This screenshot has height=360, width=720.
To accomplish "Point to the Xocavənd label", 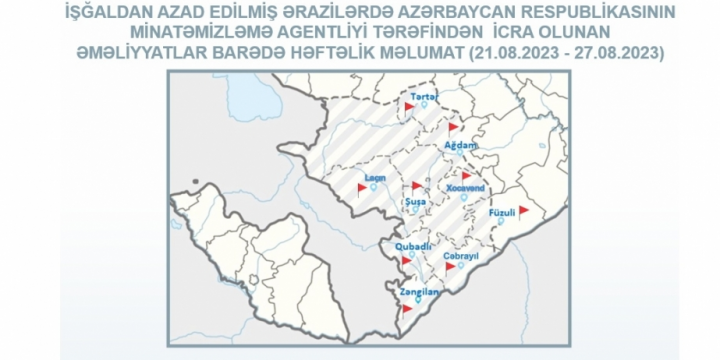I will click(465, 187).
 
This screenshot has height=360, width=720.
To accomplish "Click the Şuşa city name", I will click(414, 202).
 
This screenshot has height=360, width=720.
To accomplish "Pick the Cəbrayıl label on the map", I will click(462, 255).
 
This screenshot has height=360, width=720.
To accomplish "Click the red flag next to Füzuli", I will click(523, 209).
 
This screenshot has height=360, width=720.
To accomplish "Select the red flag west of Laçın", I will click(362, 187).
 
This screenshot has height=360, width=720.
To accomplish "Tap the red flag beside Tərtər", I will click(410, 104).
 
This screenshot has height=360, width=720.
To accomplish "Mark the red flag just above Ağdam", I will click(453, 127).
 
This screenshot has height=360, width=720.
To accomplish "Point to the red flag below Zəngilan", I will click(406, 309).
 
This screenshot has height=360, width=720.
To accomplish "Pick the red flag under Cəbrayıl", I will click(450, 267).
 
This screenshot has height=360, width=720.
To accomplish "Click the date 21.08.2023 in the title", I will click(519, 49).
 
